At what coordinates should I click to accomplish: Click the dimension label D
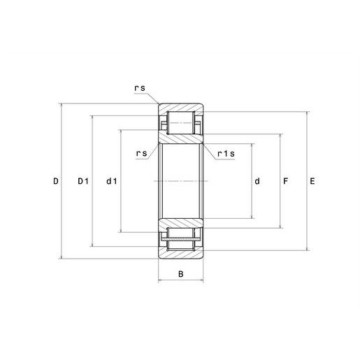coord(56,181)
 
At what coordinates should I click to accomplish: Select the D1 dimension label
coord(83,181)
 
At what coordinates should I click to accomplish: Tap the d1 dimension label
coord(112,181)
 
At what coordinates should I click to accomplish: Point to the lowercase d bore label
coord(257,181)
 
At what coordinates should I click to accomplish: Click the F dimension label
coord(285,181)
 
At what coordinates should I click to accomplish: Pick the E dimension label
coord(312,181)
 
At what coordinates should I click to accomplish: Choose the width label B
coord(180,274)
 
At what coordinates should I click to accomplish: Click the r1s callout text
coord(226,154)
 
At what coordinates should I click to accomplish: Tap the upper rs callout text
coord(140,88)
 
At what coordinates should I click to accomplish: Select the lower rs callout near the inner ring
coord(142,153)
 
